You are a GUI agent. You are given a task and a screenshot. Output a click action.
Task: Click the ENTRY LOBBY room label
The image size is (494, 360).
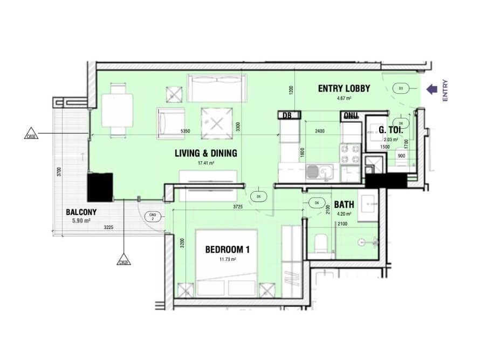pyautogui.click(x=344, y=88)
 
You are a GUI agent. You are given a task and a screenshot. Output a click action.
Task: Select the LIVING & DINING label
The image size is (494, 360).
pyautogui.click(x=205, y=154)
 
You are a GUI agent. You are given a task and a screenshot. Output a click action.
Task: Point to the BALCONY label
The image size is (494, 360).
pyautogui.click(x=81, y=212)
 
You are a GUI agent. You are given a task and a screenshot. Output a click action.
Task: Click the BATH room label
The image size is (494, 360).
pyautogui.click(x=344, y=205)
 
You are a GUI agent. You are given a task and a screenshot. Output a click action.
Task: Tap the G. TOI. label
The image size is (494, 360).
pyautogui.click(x=388, y=130)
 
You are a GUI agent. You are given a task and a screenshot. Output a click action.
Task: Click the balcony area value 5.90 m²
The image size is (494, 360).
pyautogui.click(x=81, y=220)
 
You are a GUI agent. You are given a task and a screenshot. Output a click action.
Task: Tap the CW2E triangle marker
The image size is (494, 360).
pyautogui.click(x=124, y=261)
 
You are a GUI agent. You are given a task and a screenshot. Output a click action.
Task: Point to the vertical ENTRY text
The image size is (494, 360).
pyautogui.click(x=445, y=91)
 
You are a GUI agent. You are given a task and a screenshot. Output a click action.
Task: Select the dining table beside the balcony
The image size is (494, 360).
pyautogui.click(x=116, y=109)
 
